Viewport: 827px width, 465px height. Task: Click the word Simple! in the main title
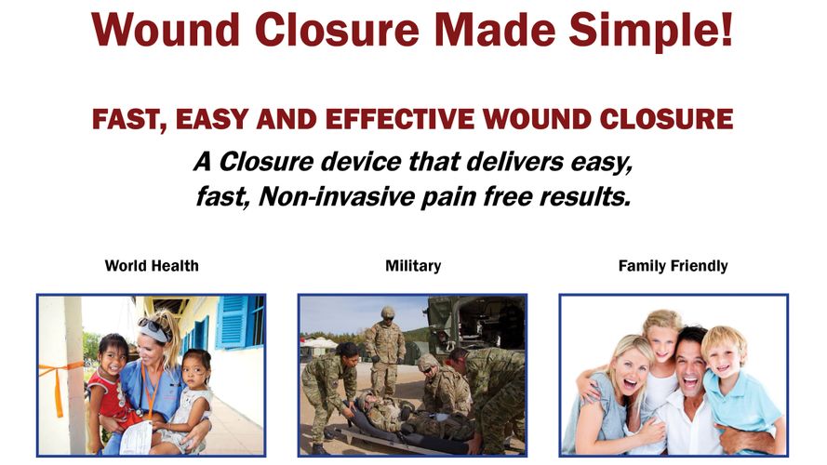coord(651,31)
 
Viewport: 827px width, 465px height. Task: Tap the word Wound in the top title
coord(166,30)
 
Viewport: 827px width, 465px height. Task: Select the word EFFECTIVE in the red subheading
coord(400,119)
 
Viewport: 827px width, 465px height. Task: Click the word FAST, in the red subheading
coord(129,120)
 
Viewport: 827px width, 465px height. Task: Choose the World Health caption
coord(152,266)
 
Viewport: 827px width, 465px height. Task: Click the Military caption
coord(413,266)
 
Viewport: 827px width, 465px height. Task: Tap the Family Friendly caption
coord(673,266)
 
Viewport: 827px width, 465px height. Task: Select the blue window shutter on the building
coord(232,322)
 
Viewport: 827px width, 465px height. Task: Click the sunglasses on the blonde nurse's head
coord(153,328)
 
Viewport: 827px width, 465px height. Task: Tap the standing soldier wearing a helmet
coord(385,351)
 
